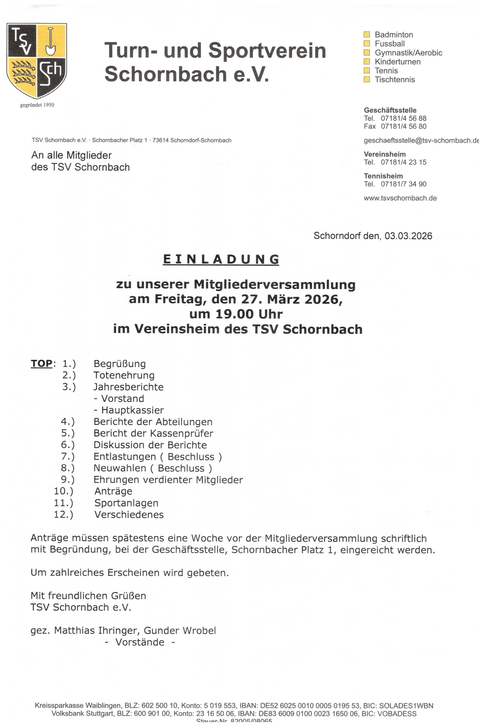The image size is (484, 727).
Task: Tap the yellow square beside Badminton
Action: (x=367, y=34)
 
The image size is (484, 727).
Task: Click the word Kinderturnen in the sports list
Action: (x=398, y=62)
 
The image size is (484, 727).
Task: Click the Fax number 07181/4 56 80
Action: (x=403, y=126)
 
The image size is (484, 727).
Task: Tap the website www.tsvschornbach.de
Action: (x=400, y=198)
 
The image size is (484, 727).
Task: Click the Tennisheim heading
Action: (x=383, y=176)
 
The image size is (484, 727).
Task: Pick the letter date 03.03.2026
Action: (x=408, y=236)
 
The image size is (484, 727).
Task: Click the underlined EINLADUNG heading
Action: (x=221, y=259)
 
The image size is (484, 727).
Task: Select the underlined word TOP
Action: (x=42, y=363)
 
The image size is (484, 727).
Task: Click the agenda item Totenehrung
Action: (x=124, y=375)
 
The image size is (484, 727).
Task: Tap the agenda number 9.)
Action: (x=68, y=480)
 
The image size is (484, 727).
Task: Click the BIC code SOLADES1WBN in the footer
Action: (x=406, y=706)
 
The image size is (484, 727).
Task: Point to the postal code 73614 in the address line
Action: (x=160, y=141)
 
